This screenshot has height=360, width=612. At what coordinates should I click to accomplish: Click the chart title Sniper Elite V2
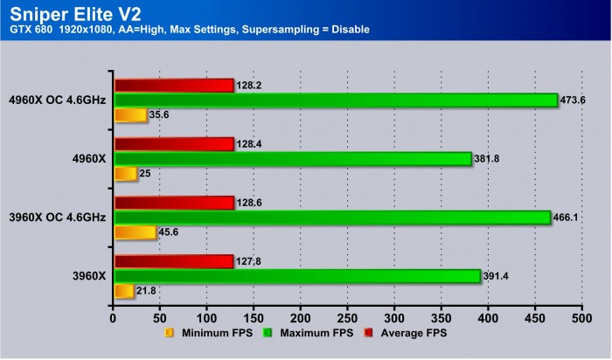66,12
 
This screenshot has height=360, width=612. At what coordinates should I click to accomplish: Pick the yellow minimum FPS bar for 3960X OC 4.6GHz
135,232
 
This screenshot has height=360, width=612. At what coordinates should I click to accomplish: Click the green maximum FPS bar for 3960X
296,276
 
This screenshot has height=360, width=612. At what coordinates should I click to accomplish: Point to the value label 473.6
575,100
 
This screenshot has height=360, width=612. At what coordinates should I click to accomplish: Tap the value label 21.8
147,291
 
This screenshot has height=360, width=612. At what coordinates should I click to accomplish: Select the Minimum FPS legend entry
205,333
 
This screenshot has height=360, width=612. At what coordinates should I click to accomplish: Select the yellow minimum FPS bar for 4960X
125,174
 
